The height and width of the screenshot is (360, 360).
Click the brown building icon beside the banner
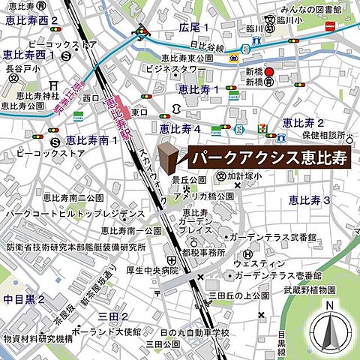[x=170, y=158]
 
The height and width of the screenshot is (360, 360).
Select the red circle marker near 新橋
[x=273, y=73]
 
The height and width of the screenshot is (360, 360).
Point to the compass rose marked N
[x=330, y=328]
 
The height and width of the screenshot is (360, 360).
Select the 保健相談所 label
[x=328, y=136]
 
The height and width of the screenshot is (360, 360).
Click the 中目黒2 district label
[x=24, y=299]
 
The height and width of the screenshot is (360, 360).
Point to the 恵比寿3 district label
[x=310, y=199]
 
